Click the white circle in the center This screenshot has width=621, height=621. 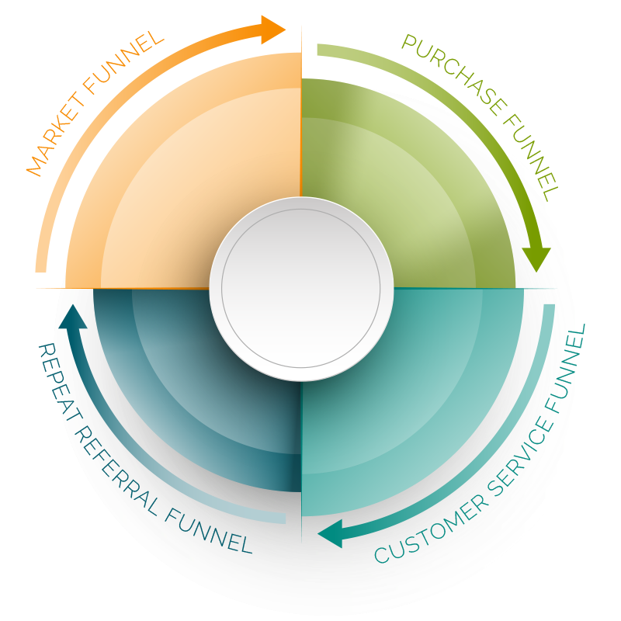pos(301,289)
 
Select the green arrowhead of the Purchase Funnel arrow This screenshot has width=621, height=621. pos(536,259)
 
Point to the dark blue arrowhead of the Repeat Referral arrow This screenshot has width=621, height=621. pos(71,317)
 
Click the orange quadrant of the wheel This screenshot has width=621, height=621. pos(194,179)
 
